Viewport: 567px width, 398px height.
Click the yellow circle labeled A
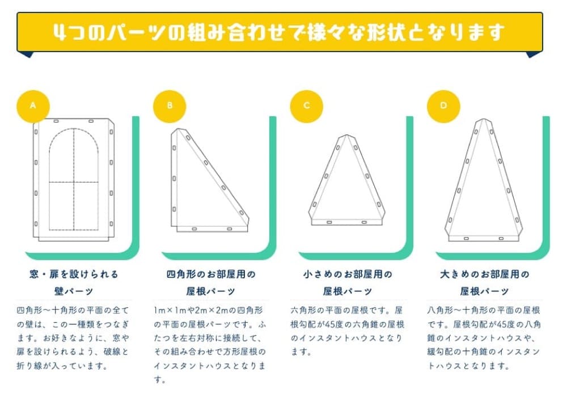33,105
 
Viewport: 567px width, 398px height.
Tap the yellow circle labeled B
170,105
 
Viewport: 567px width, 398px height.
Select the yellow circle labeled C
306,105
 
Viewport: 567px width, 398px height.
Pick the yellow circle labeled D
443,105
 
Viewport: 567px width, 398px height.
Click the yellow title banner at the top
280,32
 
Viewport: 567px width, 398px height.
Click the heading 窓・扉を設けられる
74,274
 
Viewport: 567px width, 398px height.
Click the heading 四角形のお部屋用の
211,274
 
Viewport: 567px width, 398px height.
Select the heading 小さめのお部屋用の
348,274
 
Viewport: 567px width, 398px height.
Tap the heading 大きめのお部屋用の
485,274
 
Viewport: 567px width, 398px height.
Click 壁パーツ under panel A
74,291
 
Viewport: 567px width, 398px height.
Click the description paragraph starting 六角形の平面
348,331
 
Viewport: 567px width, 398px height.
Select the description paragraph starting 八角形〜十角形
485,338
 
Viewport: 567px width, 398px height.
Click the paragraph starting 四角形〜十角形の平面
74,338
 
